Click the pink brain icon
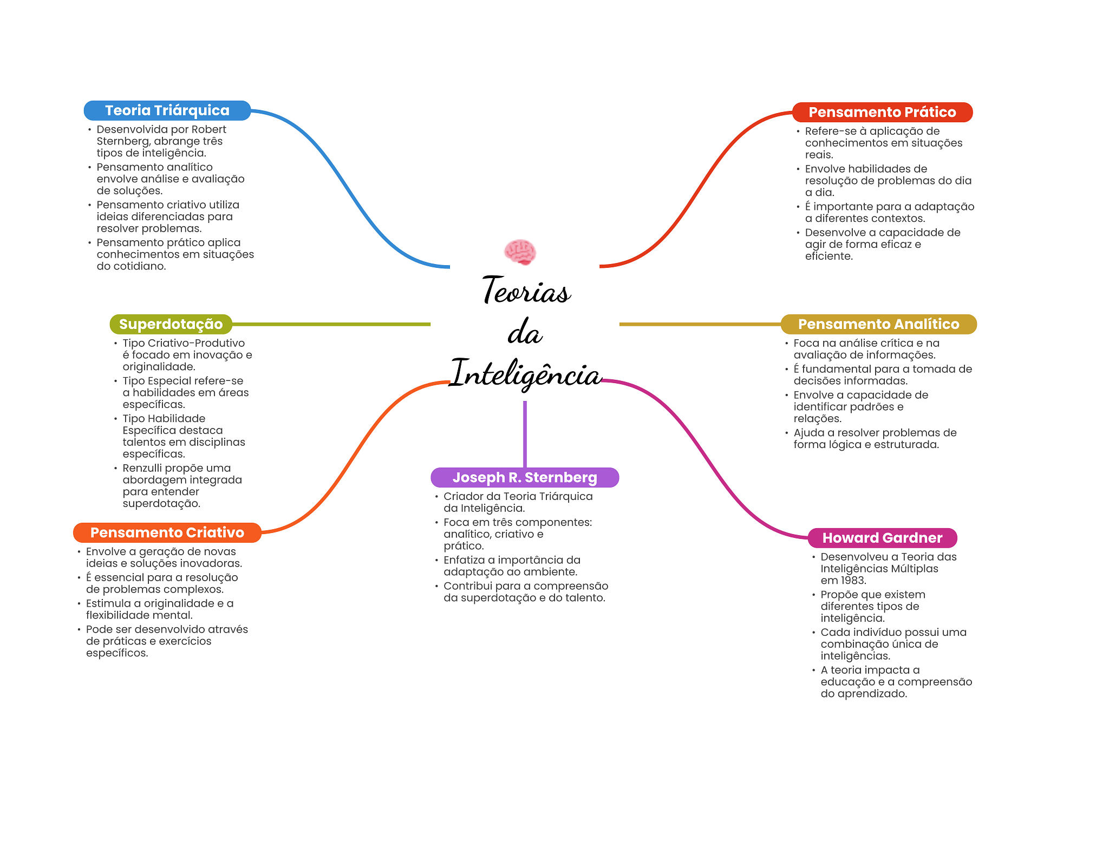[x=520, y=252]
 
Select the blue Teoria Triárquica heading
[x=167, y=110]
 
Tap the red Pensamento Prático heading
[x=882, y=112]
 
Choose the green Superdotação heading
[x=171, y=324]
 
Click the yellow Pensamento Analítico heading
[x=878, y=324]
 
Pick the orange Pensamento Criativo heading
[x=167, y=532]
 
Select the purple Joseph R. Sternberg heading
[x=524, y=477]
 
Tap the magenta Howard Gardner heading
[x=882, y=538]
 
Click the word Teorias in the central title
[x=526, y=291]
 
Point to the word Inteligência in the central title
[x=526, y=373]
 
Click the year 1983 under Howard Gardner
[x=851, y=581]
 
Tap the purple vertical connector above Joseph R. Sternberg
[x=525, y=433]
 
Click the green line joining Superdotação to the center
[x=330, y=324]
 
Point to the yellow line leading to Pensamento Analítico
[x=699, y=324]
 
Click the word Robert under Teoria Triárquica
[x=209, y=129]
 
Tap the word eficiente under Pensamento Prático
[x=828, y=256]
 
